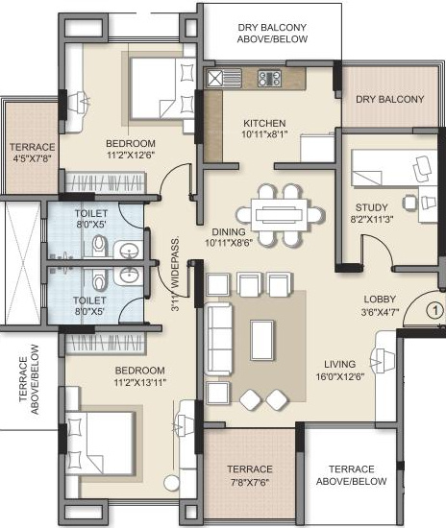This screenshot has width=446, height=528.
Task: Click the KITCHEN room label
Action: pos(262,123)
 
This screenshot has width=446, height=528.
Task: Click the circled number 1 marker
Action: pos(434,310)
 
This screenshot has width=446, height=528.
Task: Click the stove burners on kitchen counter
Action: pos(268,79)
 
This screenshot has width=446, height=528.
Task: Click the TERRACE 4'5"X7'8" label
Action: pos(32,153)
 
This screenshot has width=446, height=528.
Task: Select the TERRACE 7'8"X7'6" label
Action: pos(250,475)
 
